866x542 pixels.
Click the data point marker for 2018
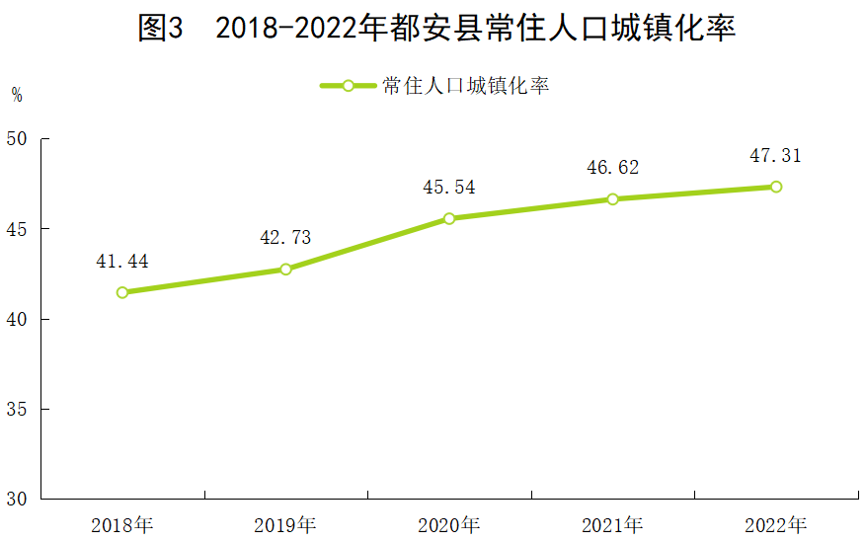122,292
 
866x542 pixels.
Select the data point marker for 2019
285,269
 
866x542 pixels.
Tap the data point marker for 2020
449,218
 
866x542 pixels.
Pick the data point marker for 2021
612,198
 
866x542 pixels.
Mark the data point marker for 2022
776,187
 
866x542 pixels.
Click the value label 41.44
122,262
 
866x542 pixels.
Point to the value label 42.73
285,238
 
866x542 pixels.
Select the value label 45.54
449,188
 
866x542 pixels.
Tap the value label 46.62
612,168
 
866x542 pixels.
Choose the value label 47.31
776,156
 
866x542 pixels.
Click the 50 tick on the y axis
17,139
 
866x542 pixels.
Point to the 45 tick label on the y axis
17,229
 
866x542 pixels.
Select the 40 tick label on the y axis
17,319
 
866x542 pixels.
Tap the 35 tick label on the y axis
17,409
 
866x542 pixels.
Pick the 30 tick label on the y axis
17,499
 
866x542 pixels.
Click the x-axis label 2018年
122,524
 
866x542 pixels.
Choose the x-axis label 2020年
449,524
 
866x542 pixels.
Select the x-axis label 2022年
776,524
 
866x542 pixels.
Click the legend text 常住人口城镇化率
465,86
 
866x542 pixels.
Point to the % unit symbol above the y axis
17,96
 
